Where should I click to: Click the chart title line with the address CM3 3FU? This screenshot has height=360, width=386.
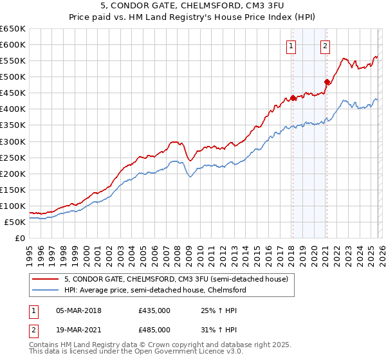(x=193, y=7)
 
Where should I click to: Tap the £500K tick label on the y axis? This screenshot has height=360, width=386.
(x=12, y=77)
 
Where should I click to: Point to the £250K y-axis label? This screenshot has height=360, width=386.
(x=12, y=157)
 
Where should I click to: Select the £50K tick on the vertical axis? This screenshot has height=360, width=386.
(x=15, y=222)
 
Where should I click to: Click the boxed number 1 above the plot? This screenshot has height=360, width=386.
(x=292, y=46)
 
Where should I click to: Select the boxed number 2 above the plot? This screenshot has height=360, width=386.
(x=326, y=46)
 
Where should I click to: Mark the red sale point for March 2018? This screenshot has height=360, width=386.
(x=293, y=98)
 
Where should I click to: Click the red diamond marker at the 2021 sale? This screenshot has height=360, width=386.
(x=327, y=82)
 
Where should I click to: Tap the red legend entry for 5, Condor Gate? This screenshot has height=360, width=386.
(x=180, y=279)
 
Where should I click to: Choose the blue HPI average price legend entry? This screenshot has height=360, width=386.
(x=154, y=290)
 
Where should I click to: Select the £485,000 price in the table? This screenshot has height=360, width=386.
(x=154, y=329)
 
